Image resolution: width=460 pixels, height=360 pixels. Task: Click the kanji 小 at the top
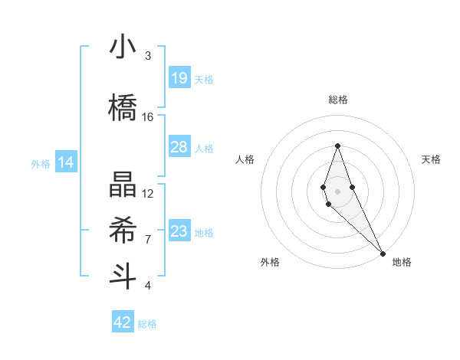click(123, 47)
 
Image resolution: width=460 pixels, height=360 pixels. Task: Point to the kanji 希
click(123, 230)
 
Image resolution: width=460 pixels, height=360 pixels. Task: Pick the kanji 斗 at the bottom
click(123, 276)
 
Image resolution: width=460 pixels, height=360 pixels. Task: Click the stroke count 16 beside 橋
click(148, 117)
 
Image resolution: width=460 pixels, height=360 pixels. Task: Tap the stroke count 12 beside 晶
click(148, 193)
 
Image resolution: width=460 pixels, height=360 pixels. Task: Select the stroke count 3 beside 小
click(148, 56)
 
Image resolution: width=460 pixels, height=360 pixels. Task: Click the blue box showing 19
click(179, 78)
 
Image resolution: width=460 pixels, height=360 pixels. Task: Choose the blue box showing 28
click(179, 147)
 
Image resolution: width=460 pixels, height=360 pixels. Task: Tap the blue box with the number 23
click(179, 231)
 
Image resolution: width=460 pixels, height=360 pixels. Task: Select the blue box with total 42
click(123, 322)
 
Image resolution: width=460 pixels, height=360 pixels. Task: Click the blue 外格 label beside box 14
click(40, 163)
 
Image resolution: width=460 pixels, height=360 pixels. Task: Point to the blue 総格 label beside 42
click(147, 323)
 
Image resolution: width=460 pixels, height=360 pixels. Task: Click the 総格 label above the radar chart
click(337, 100)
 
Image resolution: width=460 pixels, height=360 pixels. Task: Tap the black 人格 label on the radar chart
click(245, 159)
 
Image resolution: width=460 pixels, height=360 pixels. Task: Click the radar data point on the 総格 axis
click(337, 145)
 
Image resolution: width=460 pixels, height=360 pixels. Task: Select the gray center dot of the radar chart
click(337, 191)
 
